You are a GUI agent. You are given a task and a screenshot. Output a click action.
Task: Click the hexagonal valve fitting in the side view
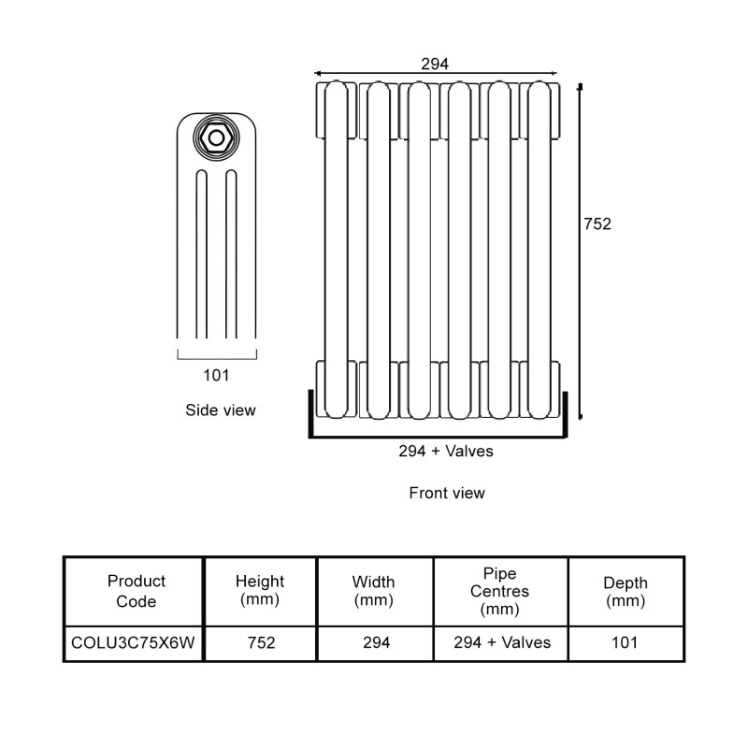(x=217, y=137)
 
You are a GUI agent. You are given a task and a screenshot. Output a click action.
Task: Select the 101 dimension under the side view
(x=216, y=376)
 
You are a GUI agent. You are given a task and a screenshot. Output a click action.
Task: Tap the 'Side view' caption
(x=221, y=410)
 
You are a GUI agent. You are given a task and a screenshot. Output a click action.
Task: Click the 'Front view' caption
(x=447, y=493)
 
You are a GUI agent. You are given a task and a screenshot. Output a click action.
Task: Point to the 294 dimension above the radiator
(x=435, y=64)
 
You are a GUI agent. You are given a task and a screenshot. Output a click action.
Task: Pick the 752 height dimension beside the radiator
(x=597, y=224)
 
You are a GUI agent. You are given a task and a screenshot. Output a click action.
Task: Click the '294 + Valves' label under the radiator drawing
(x=446, y=451)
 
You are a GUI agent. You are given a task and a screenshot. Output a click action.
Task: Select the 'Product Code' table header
(x=137, y=591)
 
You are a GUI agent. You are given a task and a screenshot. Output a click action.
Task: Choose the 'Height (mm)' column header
(x=260, y=591)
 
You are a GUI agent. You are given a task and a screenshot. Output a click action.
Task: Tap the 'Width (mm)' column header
(x=373, y=591)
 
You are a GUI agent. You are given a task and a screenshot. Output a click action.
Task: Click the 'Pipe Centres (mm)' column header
(x=499, y=591)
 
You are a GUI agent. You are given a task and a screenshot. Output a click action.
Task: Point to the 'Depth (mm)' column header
(x=626, y=591)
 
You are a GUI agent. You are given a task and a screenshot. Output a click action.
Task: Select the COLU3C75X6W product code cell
(x=134, y=642)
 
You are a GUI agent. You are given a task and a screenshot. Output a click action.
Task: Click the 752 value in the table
(x=260, y=642)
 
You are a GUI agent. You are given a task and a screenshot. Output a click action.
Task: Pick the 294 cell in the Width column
(x=375, y=642)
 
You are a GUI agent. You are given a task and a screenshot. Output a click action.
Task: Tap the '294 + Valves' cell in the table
(x=502, y=642)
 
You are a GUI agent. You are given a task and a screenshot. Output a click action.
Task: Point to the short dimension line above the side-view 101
(x=216, y=356)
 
